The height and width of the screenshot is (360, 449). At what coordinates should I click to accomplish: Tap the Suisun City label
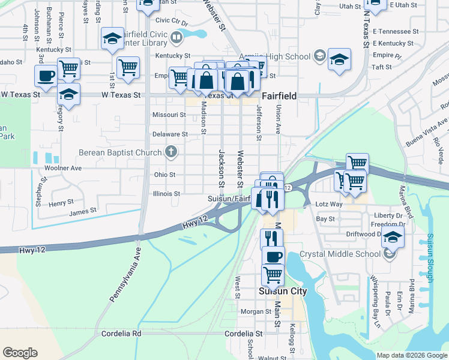[282, 292]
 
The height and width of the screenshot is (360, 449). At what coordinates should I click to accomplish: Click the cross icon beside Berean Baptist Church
[171, 152]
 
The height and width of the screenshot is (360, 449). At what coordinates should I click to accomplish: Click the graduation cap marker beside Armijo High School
[339, 59]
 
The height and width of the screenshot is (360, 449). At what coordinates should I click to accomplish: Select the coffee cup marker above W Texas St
[46, 76]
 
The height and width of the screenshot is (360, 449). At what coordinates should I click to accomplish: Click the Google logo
[20, 353]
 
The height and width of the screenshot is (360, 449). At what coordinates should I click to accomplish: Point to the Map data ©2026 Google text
[412, 355]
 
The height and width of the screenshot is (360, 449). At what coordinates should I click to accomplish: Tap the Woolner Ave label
[62, 168]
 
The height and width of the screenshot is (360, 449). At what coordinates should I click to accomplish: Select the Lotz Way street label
[328, 205]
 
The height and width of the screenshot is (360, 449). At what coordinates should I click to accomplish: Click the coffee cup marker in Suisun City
[273, 256]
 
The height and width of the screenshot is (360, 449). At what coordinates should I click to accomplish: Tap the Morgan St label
[256, 311]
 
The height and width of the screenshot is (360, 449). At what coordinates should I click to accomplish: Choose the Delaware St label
[170, 134]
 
